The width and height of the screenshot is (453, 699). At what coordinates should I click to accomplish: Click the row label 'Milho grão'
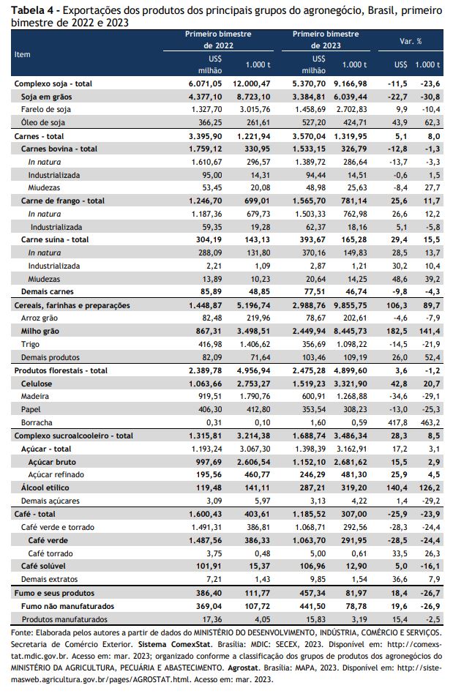[40, 332]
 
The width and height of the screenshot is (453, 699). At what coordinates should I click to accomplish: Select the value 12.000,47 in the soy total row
[252, 83]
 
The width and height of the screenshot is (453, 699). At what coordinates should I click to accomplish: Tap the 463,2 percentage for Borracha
[430, 422]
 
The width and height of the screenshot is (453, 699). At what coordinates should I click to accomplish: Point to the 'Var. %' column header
[411, 41]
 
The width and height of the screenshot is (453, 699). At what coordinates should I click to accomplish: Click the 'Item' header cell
[22, 54]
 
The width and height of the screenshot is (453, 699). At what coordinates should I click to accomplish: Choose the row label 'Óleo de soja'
[43, 122]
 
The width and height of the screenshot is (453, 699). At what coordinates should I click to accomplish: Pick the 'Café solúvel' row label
[43, 567]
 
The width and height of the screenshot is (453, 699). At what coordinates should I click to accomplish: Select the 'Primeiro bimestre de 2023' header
[326, 40]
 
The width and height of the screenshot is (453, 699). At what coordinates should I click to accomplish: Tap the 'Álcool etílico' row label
[45, 487]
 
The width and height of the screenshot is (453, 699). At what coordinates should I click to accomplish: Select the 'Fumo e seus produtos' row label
[54, 593]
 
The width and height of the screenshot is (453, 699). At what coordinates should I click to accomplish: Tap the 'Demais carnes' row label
[48, 291]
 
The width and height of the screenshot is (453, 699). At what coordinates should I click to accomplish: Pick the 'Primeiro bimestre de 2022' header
[218, 40]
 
